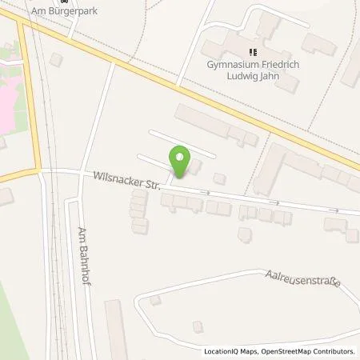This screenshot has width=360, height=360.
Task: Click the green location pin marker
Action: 180,160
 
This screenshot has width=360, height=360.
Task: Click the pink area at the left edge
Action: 5,108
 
